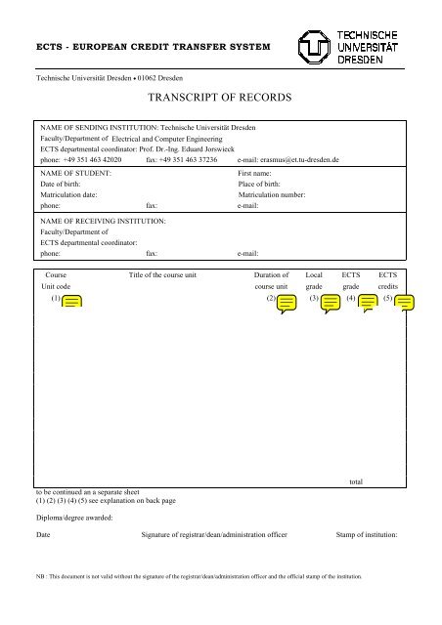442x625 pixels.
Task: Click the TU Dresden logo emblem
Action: click(314, 46)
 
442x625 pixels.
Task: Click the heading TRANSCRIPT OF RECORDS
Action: click(221, 99)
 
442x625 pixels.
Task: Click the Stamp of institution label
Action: click(373, 536)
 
